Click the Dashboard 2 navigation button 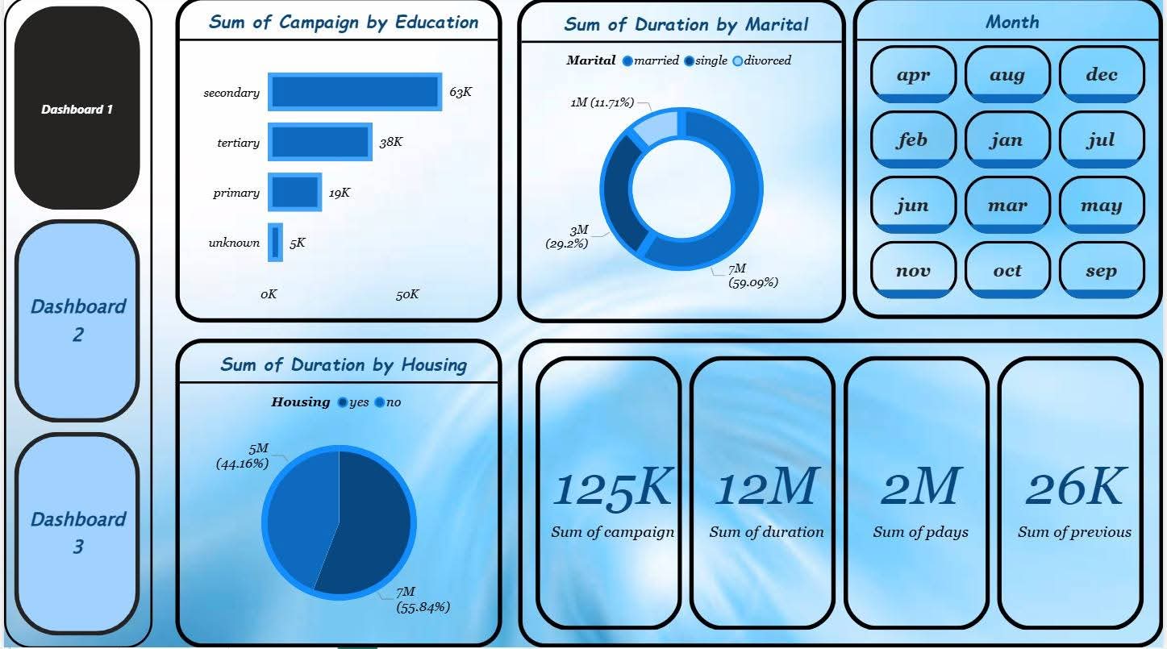77,320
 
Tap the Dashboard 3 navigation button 77,533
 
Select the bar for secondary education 355,92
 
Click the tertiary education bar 319,143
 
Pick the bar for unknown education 276,243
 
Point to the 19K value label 340,193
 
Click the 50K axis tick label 407,294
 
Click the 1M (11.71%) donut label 602,102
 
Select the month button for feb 913,140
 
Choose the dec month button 1102,75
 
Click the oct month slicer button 1007,271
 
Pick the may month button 1102,206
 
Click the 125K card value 612,489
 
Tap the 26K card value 1074,489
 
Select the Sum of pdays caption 920,532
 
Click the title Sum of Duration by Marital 686,24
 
